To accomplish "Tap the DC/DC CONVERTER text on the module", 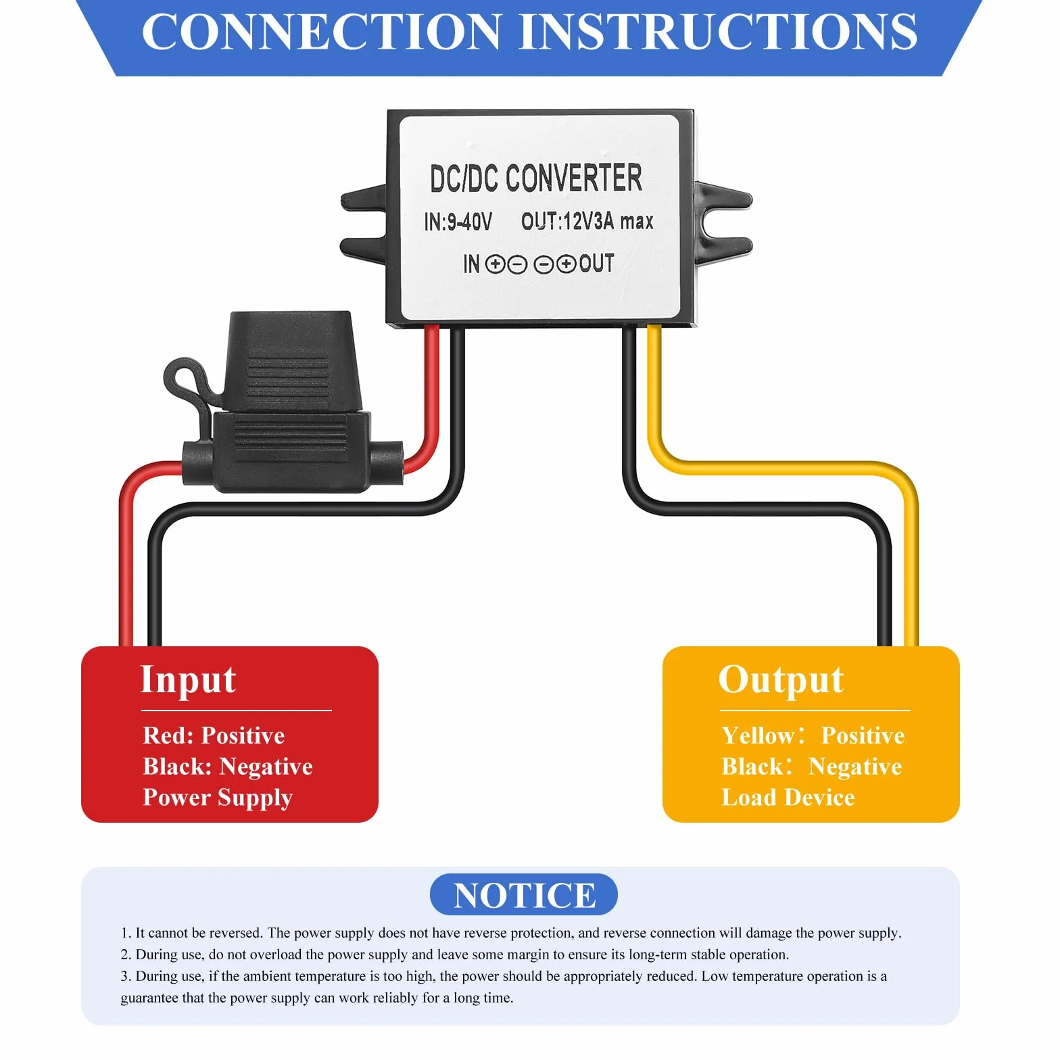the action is coord(536,178).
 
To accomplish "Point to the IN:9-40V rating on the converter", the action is coord(458,221).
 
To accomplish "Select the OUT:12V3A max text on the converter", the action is coord(587,220).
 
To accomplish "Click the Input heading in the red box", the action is coord(188,680).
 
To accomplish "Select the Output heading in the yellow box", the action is coord(781,680).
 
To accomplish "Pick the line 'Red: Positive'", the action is coord(214,736).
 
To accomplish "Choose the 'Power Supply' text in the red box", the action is coord(218,798).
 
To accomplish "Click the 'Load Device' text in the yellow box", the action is coord(788,798).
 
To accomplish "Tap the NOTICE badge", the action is coord(524,895).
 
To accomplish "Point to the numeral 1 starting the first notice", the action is coord(125,933).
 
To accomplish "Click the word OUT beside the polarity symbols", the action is coord(596,263).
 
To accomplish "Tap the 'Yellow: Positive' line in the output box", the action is coord(813,736).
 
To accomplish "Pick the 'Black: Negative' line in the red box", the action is coord(228,767).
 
